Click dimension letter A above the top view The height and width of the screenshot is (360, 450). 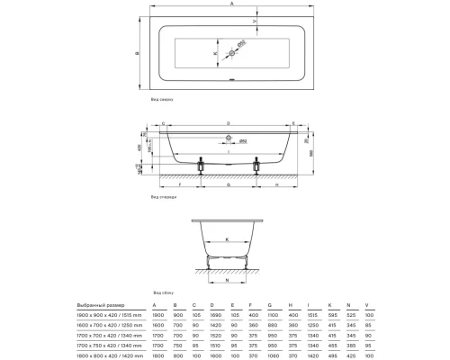231,5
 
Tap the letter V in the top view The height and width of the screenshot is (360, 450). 305,20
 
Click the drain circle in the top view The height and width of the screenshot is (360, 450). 231,54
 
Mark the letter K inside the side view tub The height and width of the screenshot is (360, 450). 227,239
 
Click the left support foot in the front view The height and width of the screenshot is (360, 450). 201,166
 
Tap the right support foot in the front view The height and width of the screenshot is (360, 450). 259,166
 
